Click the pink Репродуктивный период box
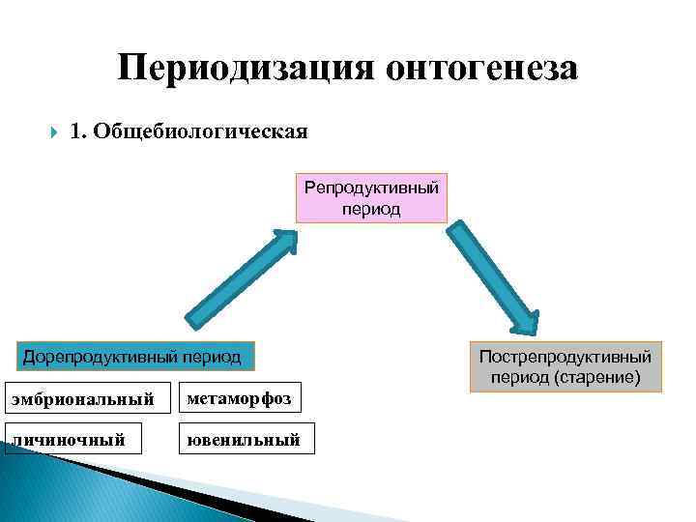click(371, 198)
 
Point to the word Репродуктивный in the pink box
click(371, 188)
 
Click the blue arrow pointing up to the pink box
click(237, 281)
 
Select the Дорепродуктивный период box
click(135, 357)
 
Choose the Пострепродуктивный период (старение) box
click(565, 366)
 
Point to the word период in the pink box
click(371, 209)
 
